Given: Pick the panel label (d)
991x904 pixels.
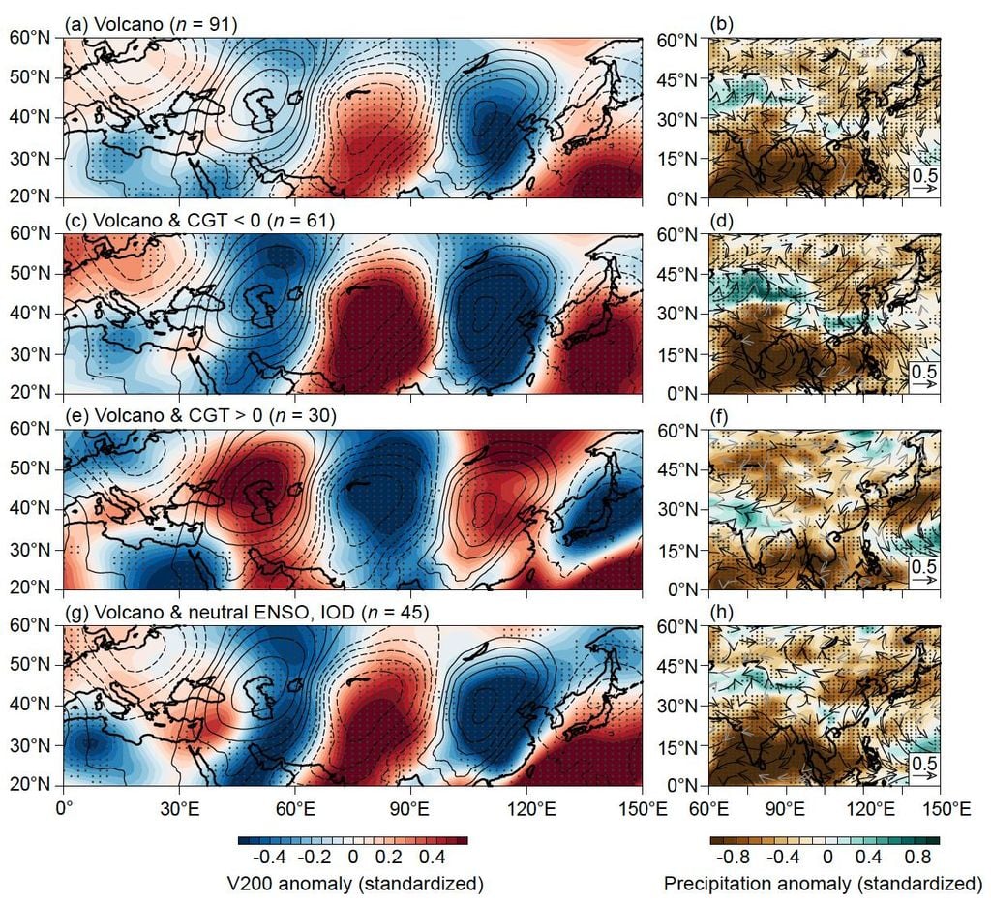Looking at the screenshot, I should coord(721,221).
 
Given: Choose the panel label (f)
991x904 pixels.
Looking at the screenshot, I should coord(720,417).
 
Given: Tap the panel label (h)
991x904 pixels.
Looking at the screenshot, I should coord(721,613).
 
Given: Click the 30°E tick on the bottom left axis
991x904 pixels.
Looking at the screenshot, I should coord(179,804).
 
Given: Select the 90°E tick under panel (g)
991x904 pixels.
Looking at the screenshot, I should coord(410,804).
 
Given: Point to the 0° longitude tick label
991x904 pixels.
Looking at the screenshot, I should coord(65,804).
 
